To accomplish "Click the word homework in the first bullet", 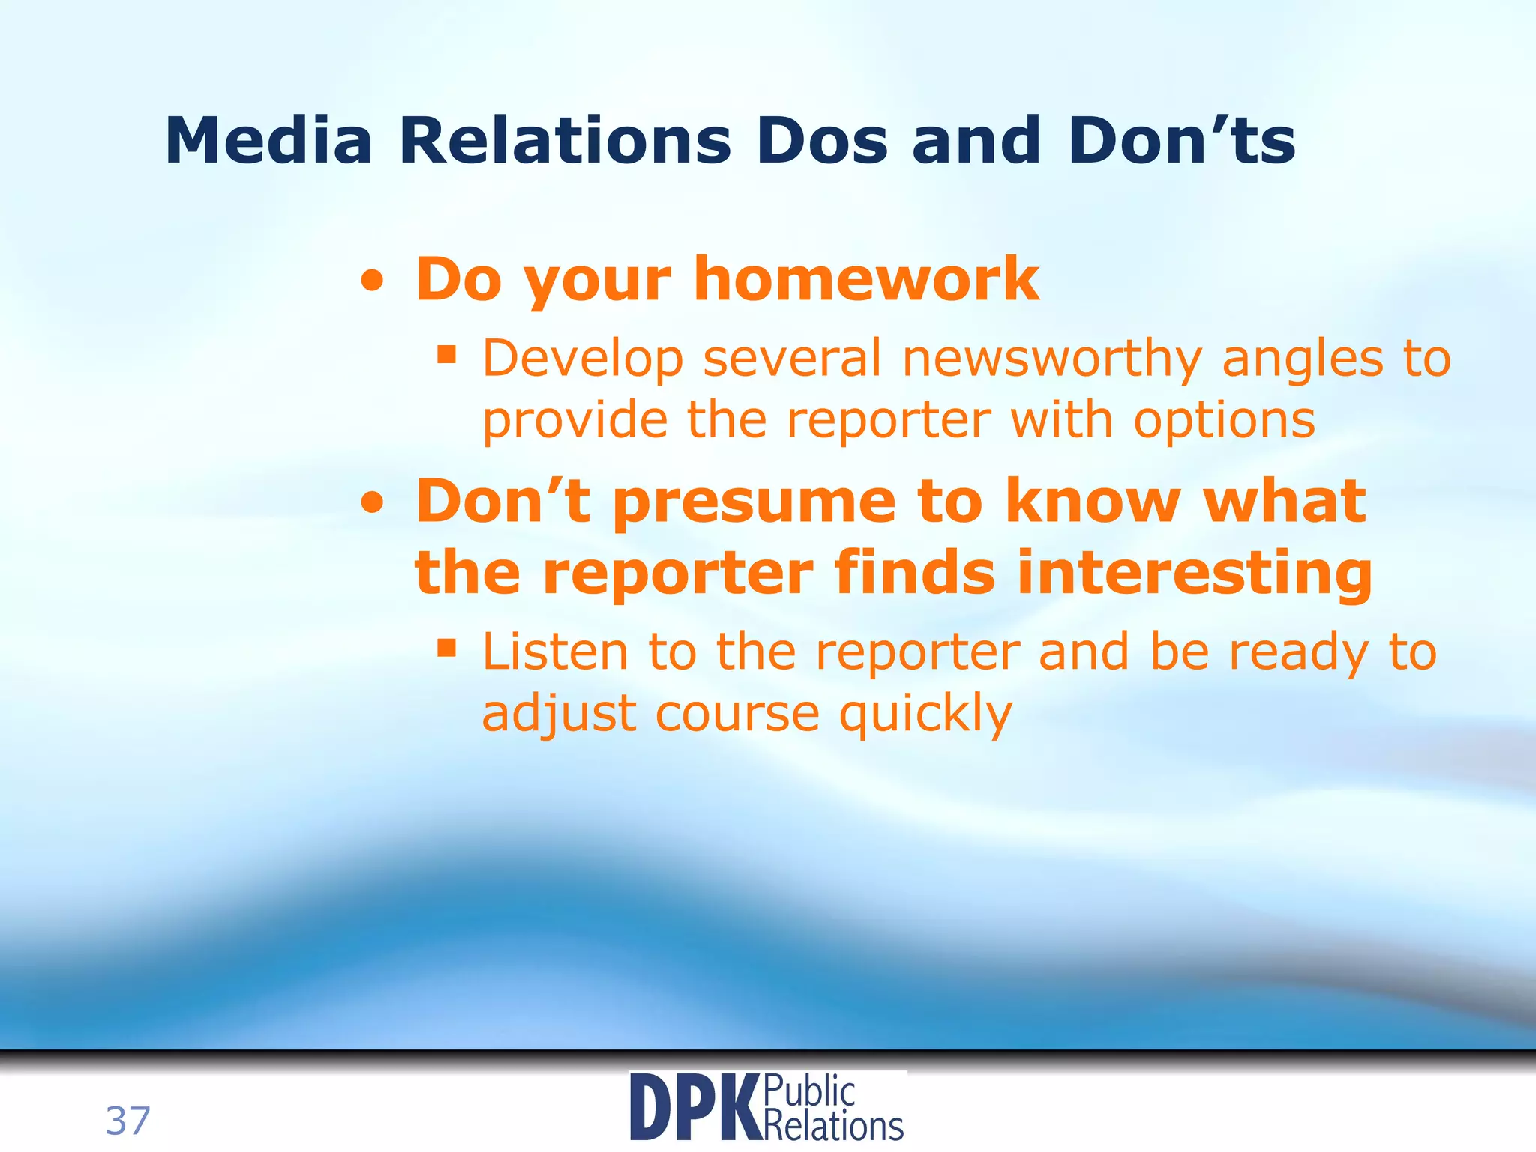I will pyautogui.click(x=866, y=279).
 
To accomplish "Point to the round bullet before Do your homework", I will pyautogui.click(x=373, y=283).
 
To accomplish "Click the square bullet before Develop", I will pyautogui.click(x=447, y=354).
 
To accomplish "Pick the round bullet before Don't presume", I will pyautogui.click(x=373, y=505).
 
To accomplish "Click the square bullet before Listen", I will pyautogui.click(x=447, y=647).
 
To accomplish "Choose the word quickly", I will pyautogui.click(x=925, y=715).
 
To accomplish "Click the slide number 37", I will pyautogui.click(x=127, y=1120).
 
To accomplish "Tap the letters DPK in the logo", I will pyautogui.click(x=694, y=1108).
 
